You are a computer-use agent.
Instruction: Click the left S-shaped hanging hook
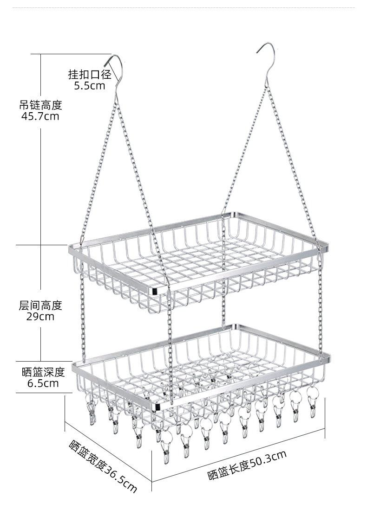click(x=114, y=72)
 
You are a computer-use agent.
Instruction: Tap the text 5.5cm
click(x=90, y=86)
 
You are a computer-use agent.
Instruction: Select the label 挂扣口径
click(x=90, y=74)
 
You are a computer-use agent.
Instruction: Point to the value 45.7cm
click(x=40, y=116)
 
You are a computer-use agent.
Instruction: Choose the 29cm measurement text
click(x=40, y=317)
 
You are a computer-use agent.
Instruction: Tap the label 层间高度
click(x=40, y=306)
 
